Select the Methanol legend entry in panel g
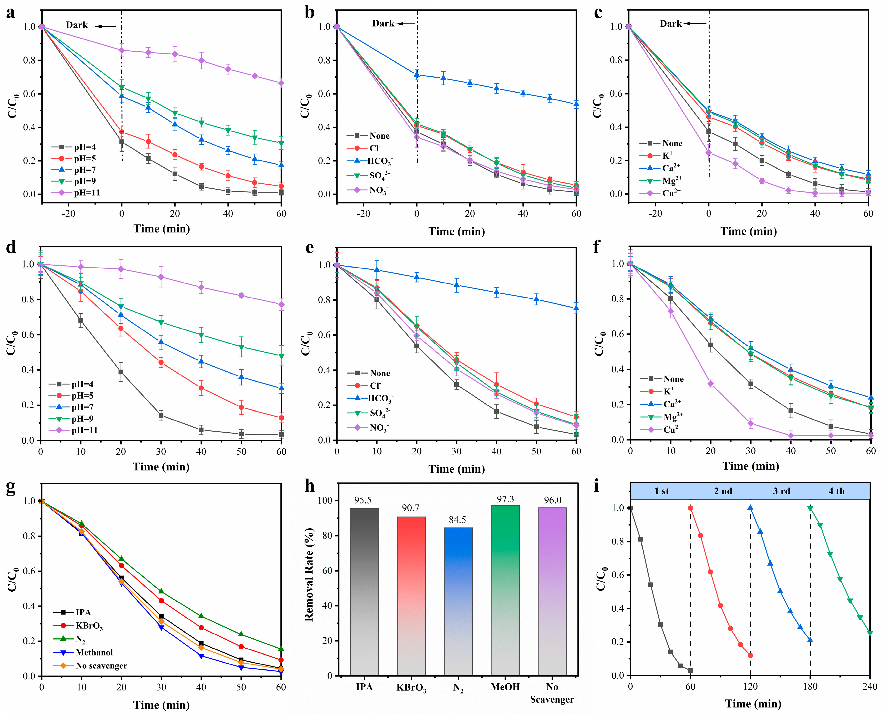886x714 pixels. point(94,653)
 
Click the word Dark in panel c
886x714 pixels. point(670,24)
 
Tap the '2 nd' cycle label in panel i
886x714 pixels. point(723,491)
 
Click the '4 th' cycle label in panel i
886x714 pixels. point(836,491)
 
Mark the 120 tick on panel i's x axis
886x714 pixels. point(750,687)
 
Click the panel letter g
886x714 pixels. point(11,488)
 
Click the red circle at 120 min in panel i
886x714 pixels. point(750,655)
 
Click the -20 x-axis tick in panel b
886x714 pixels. point(364,213)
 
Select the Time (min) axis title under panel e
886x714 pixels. point(457,469)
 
